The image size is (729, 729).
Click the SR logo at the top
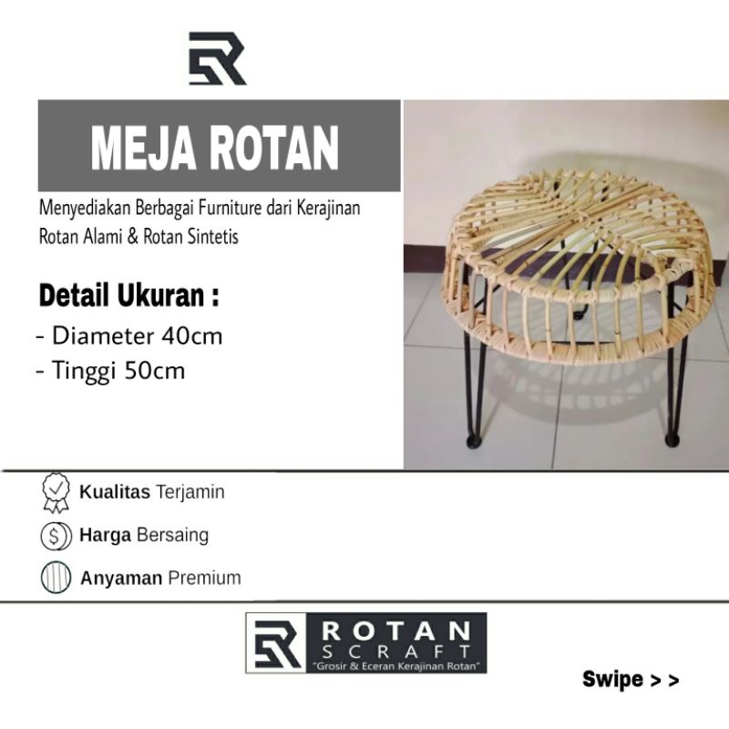pos(217,58)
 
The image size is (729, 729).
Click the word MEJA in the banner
pos(143,149)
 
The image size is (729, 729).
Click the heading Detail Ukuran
pos(128,295)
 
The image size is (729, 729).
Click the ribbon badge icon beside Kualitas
pos(56,493)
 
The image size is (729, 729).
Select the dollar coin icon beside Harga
pos(56,536)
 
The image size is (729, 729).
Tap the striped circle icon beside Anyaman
pos(56,577)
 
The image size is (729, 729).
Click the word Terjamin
pos(190,492)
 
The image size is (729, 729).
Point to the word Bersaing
pos(172,535)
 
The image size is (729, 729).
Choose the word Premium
pos(204,578)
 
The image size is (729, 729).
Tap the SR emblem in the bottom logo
pos(278,643)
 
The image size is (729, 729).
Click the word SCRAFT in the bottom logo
pos(396,652)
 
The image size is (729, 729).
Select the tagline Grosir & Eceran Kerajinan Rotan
pos(397,666)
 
